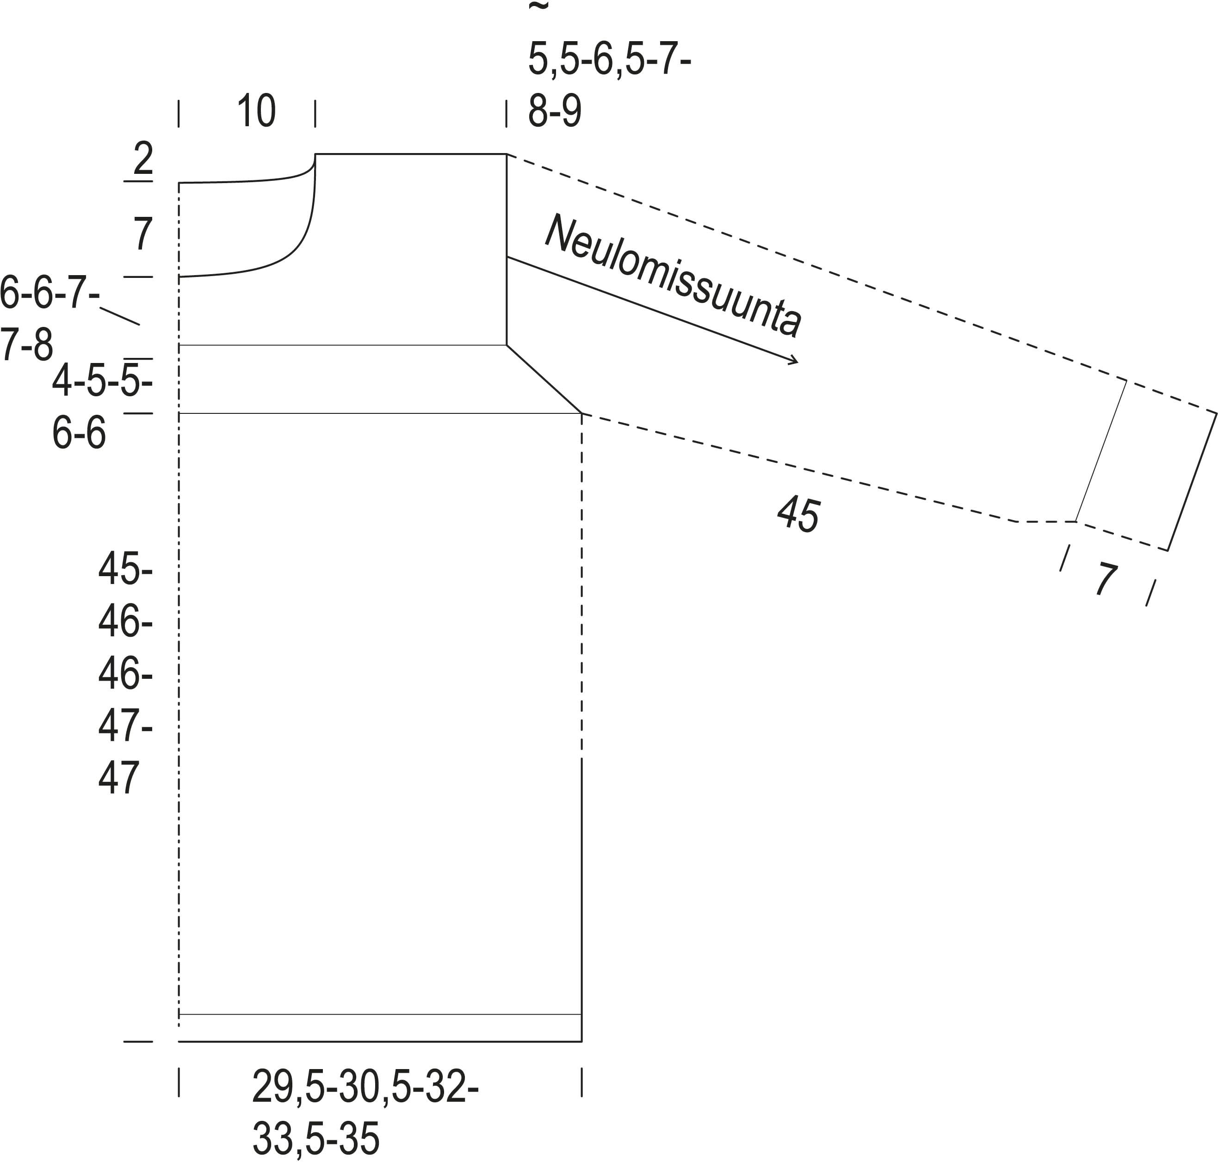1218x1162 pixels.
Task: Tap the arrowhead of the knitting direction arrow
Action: point(794,361)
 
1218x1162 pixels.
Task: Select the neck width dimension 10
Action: point(256,111)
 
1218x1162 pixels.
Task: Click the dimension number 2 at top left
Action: point(143,158)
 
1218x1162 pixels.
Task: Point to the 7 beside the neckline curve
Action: point(143,234)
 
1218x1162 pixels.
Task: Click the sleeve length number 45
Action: point(798,513)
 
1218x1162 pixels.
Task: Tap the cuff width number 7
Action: point(1105,578)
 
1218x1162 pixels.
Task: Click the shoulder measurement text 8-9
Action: point(555,111)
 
